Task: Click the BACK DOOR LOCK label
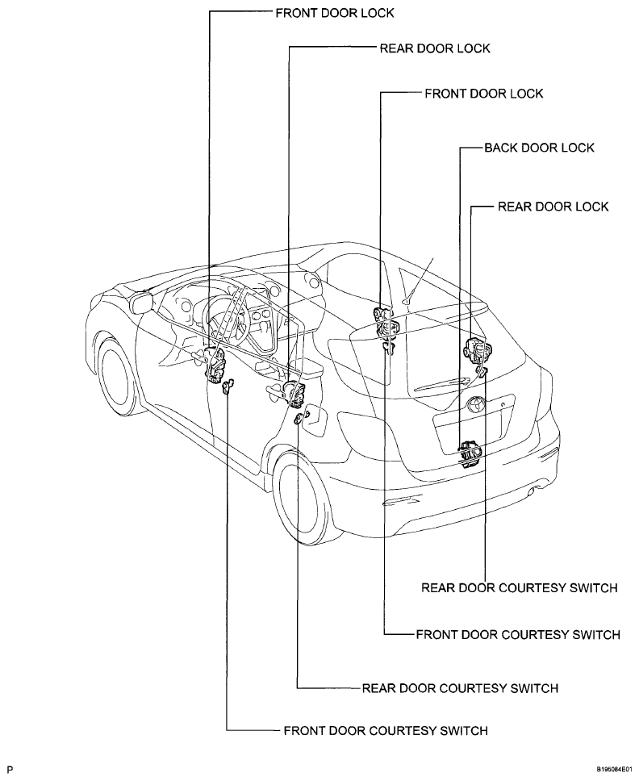tap(540, 148)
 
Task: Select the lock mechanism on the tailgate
tap(470, 453)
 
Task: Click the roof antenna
tap(420, 281)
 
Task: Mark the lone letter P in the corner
tap(10, 769)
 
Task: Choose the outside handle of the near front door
tap(200, 355)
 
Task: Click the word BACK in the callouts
tap(502, 148)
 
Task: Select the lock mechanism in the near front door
tap(216, 365)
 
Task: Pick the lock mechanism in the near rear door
tap(295, 394)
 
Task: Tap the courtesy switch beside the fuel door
tap(298, 419)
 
